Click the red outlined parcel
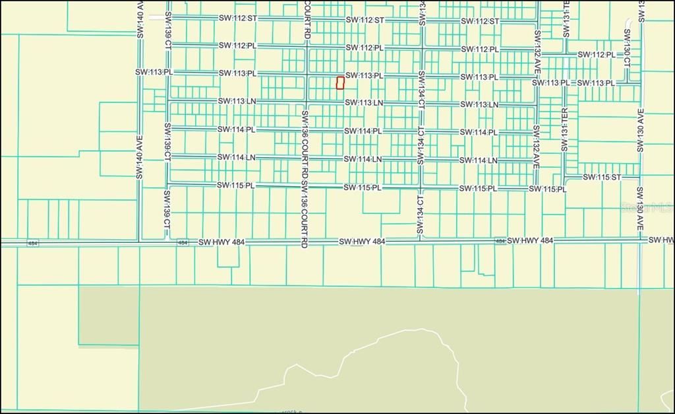tap(340, 83)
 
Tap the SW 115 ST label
tap(602, 177)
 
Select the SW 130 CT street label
tap(627, 48)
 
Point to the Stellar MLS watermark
tap(647, 207)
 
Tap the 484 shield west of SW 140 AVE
tap(32, 243)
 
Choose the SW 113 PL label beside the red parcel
tap(364, 75)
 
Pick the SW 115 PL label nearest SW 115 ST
tap(547, 190)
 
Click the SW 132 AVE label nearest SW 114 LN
tap(537, 147)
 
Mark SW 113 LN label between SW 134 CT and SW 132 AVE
tap(479, 105)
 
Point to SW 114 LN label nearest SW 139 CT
tap(236, 157)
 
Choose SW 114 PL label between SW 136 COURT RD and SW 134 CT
tap(363, 131)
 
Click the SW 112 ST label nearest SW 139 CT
tap(237, 18)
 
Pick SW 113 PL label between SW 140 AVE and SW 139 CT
tap(154, 72)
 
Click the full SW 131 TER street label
tap(564, 129)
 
